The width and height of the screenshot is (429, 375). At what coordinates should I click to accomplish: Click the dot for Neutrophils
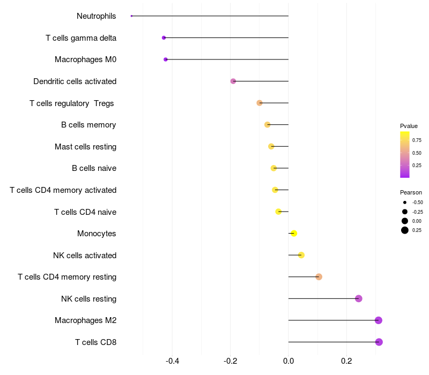131,16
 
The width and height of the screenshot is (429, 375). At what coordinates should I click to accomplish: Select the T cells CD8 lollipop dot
379,342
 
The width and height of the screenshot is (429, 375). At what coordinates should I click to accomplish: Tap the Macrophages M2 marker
378,320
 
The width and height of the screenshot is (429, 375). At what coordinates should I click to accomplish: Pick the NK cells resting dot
358,298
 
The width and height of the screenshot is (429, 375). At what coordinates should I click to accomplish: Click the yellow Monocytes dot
293,233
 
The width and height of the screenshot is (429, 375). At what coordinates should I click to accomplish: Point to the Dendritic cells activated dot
233,81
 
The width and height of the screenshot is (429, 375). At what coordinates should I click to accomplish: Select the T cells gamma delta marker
164,37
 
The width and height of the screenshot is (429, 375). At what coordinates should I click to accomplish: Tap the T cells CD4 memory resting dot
319,277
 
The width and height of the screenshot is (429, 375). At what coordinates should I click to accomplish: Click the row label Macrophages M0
85,59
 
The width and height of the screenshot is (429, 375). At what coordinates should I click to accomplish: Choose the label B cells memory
88,125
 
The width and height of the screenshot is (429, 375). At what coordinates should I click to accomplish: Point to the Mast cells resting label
85,147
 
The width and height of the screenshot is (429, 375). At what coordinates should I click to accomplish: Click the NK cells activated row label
85,256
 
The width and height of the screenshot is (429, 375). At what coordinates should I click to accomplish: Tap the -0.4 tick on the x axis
172,361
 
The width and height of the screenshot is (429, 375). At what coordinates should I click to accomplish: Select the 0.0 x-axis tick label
289,361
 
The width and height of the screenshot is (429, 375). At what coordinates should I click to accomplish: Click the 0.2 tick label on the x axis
346,361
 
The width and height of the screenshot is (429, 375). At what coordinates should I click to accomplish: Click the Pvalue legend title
409,126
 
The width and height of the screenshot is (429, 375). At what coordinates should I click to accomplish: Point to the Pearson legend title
411,192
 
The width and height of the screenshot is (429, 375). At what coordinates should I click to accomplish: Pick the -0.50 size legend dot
405,202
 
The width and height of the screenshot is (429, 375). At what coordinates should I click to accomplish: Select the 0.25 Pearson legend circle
405,230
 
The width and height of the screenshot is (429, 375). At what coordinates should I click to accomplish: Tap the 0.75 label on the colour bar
417,140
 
